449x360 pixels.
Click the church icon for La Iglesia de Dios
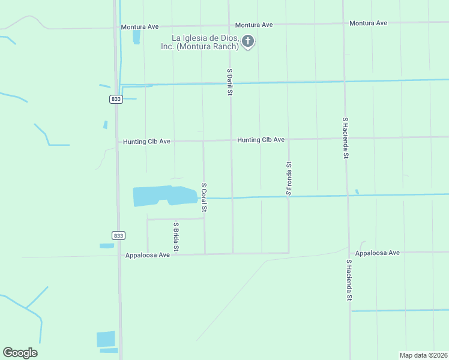(248, 41)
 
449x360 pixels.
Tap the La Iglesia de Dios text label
(200, 43)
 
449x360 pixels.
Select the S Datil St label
(229, 82)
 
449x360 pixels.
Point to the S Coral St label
(204, 197)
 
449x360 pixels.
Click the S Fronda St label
(289, 178)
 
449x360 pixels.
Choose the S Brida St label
(176, 237)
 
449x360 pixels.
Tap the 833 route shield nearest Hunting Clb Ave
(116, 99)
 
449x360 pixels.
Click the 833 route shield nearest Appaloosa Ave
(118, 235)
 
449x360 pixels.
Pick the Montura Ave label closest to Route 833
(140, 27)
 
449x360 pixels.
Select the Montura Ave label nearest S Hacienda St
(368, 23)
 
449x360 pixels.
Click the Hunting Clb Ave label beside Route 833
(146, 142)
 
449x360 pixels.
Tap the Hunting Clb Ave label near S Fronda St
(261, 140)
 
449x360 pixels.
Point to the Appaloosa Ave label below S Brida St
(148, 255)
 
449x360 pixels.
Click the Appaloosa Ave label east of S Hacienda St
(377, 253)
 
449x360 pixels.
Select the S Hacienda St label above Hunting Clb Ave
(345, 137)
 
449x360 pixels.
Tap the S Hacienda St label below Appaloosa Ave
(348, 280)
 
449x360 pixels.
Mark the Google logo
(20, 353)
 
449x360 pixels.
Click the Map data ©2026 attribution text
(424, 355)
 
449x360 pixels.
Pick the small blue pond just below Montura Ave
(136, 37)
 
